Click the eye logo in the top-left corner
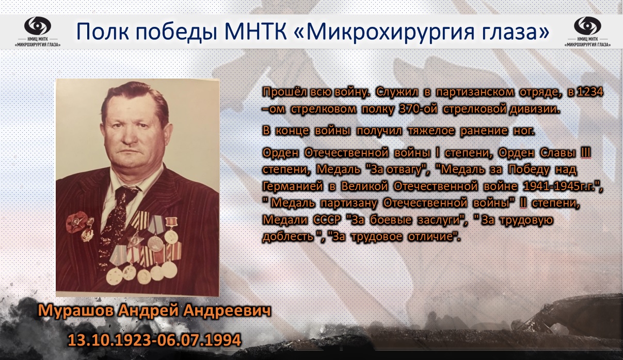pos(38,26)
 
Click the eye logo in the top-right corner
pos(587,26)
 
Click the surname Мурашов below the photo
pos(76,311)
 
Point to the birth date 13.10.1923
pos(109,340)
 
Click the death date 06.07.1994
pos(198,340)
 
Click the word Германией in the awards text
pos(293,186)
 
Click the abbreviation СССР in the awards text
pos(327,220)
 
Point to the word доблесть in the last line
pos(288,237)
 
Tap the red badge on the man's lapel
pos(76,221)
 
